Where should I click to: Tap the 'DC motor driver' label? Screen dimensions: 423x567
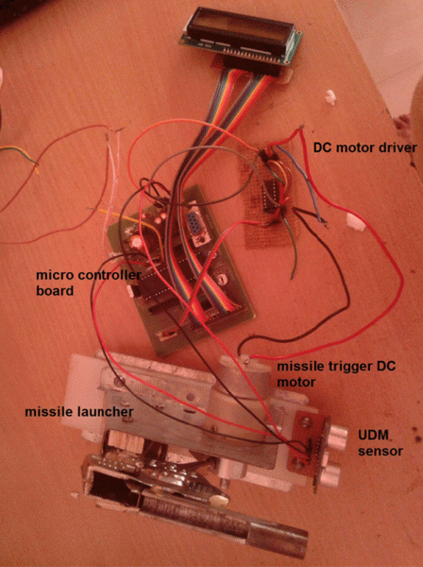tap(364, 147)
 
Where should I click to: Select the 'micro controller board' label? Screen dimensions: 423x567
tap(89, 283)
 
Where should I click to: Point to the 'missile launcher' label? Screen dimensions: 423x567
tap(79, 412)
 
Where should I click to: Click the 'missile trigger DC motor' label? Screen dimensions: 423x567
tap(336, 374)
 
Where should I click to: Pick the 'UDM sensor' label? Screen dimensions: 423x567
tap(380, 442)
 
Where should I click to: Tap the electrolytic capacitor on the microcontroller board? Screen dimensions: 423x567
tap(136, 241)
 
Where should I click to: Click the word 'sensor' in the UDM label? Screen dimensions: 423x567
tap(380, 451)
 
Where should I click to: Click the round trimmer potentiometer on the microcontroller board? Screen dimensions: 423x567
tap(222, 278)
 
